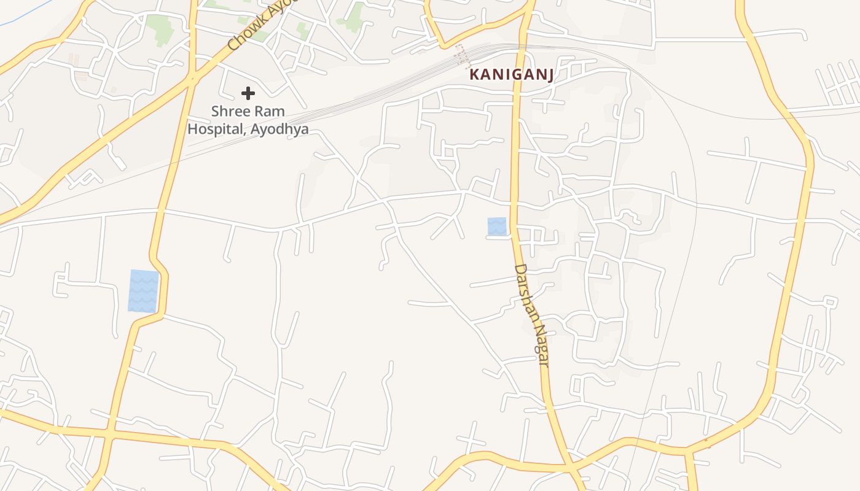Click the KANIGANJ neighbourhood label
512,75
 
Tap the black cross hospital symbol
248,93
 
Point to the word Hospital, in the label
216,130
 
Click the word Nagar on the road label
540,344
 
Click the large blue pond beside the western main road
143,291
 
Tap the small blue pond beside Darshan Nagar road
497,226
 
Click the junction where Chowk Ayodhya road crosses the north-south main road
193,77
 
